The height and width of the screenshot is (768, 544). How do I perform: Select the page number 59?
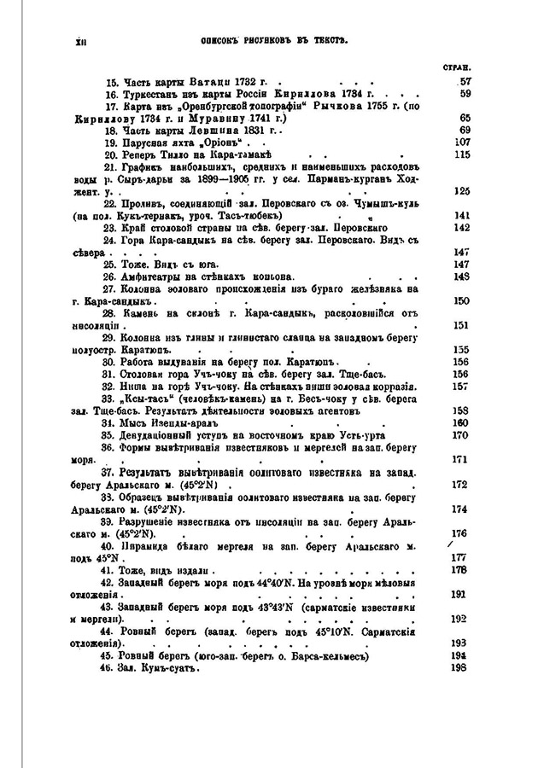tap(465, 94)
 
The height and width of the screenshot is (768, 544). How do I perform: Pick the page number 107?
tap(464, 142)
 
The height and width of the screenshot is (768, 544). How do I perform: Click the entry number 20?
tap(110, 154)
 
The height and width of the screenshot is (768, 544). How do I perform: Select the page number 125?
tap(464, 191)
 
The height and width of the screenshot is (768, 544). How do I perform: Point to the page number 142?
tap(464, 228)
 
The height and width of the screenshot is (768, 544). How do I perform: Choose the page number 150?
tap(464, 301)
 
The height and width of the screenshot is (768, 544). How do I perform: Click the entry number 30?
tap(110, 362)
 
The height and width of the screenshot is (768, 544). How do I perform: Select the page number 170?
tap(462, 434)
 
